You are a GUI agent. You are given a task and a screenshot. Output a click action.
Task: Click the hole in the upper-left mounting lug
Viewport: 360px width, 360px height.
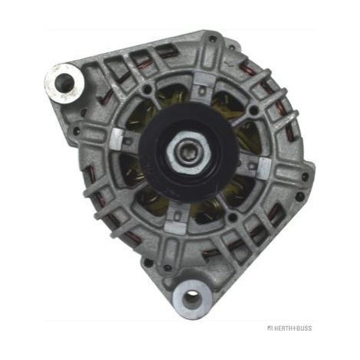[64, 82]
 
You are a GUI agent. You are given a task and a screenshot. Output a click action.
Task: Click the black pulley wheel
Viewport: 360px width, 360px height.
[190, 152]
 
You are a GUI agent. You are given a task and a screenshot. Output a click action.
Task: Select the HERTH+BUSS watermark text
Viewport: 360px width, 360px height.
[290, 328]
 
